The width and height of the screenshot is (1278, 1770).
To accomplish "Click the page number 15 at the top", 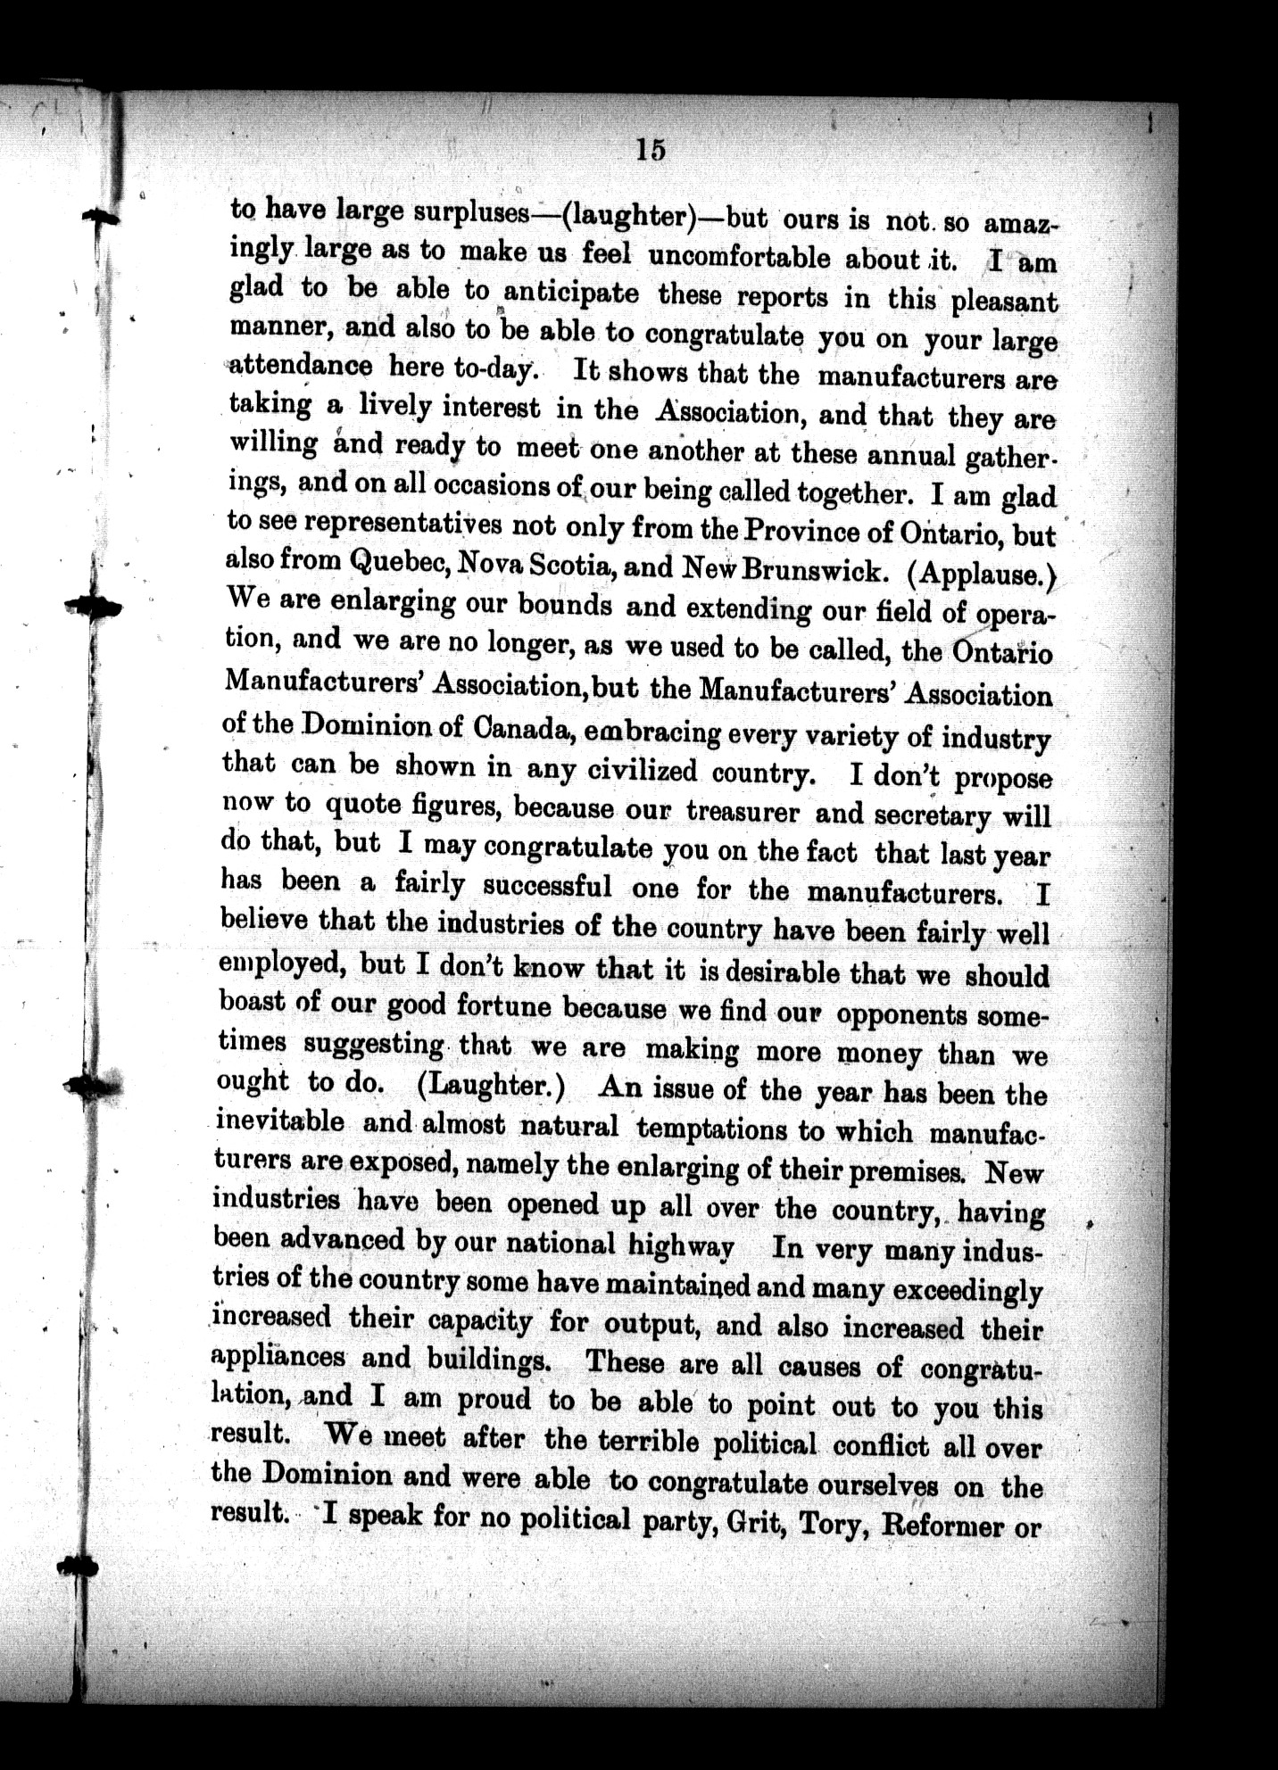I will coord(651,150).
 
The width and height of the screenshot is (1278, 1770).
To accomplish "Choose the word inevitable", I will coord(280,1121).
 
